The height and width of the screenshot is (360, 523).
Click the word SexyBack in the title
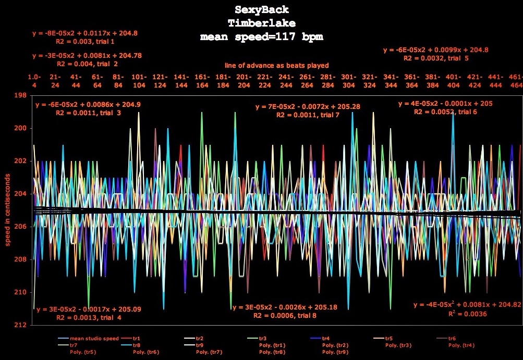coord(261,10)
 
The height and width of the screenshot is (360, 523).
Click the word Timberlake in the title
coord(261,23)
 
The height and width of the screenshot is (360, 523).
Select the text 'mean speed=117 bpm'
coord(261,37)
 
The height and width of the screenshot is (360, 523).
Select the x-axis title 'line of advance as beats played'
coord(277,66)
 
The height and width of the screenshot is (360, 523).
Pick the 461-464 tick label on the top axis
coord(516,81)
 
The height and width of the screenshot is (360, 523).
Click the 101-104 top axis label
coord(139,81)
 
